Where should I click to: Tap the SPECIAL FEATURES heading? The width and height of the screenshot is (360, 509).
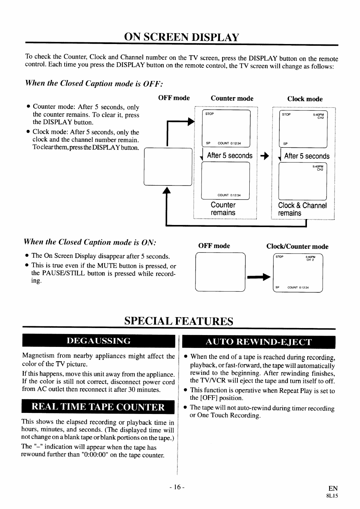point(178,321)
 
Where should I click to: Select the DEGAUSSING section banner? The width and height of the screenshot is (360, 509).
point(98,341)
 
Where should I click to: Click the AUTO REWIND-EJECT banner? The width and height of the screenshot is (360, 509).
point(258,342)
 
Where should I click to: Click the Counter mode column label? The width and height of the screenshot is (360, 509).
point(232,99)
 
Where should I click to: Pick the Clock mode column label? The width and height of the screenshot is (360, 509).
point(305,99)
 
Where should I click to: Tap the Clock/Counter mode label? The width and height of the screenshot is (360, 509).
point(297,247)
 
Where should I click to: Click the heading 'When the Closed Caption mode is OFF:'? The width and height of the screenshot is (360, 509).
point(94,83)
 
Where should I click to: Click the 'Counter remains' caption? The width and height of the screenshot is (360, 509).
point(223,209)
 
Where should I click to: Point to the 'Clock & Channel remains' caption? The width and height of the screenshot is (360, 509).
point(302,209)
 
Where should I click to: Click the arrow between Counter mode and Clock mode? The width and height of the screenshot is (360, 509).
point(265,156)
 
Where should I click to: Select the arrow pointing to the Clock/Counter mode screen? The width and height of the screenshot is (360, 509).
point(259,277)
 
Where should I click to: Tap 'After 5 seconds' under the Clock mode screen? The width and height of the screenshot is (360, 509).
point(307,156)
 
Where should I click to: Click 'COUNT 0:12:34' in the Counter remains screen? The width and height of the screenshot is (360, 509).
point(229,195)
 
